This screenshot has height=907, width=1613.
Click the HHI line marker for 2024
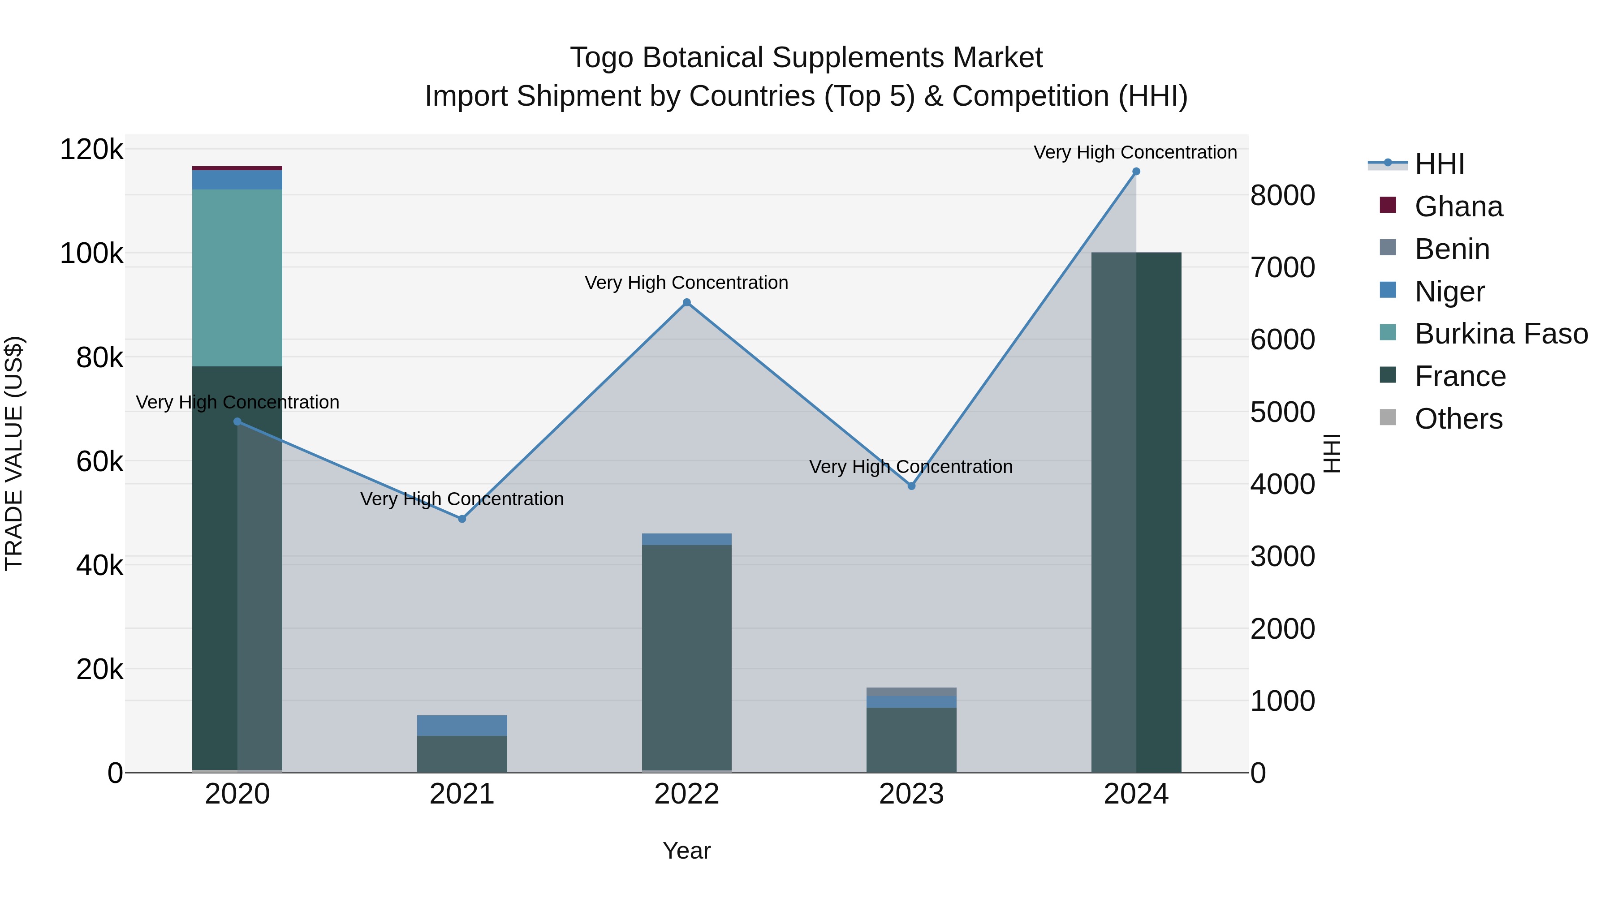coord(1136,172)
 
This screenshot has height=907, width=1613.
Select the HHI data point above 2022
coord(686,302)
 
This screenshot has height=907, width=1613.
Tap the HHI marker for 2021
coord(462,519)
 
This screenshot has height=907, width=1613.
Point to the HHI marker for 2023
coord(911,486)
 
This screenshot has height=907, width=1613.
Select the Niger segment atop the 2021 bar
coord(462,726)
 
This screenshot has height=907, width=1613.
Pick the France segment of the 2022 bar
coord(686,657)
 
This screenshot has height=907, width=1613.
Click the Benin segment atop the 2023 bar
coord(911,692)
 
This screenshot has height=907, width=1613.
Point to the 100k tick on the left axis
coord(91,254)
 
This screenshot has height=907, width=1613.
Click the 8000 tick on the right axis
coord(1282,195)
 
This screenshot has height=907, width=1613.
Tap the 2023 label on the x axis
coord(911,794)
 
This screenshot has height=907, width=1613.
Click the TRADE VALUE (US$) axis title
coord(14,453)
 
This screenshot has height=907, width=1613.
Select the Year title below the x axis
coord(686,851)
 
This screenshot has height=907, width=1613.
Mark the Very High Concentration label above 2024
coord(1134,152)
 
